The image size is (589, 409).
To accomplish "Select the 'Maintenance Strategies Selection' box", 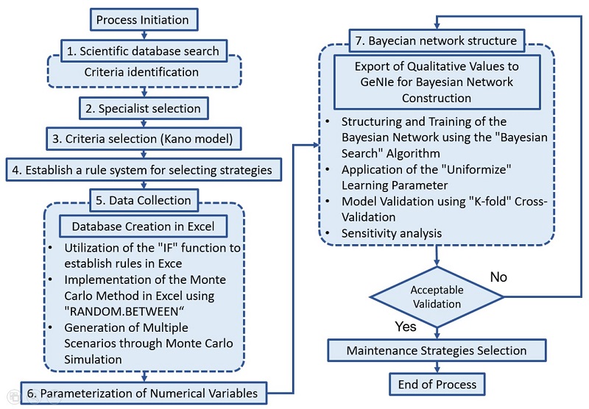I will tap(437, 350).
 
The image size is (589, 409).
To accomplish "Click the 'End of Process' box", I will tap(437, 383).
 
